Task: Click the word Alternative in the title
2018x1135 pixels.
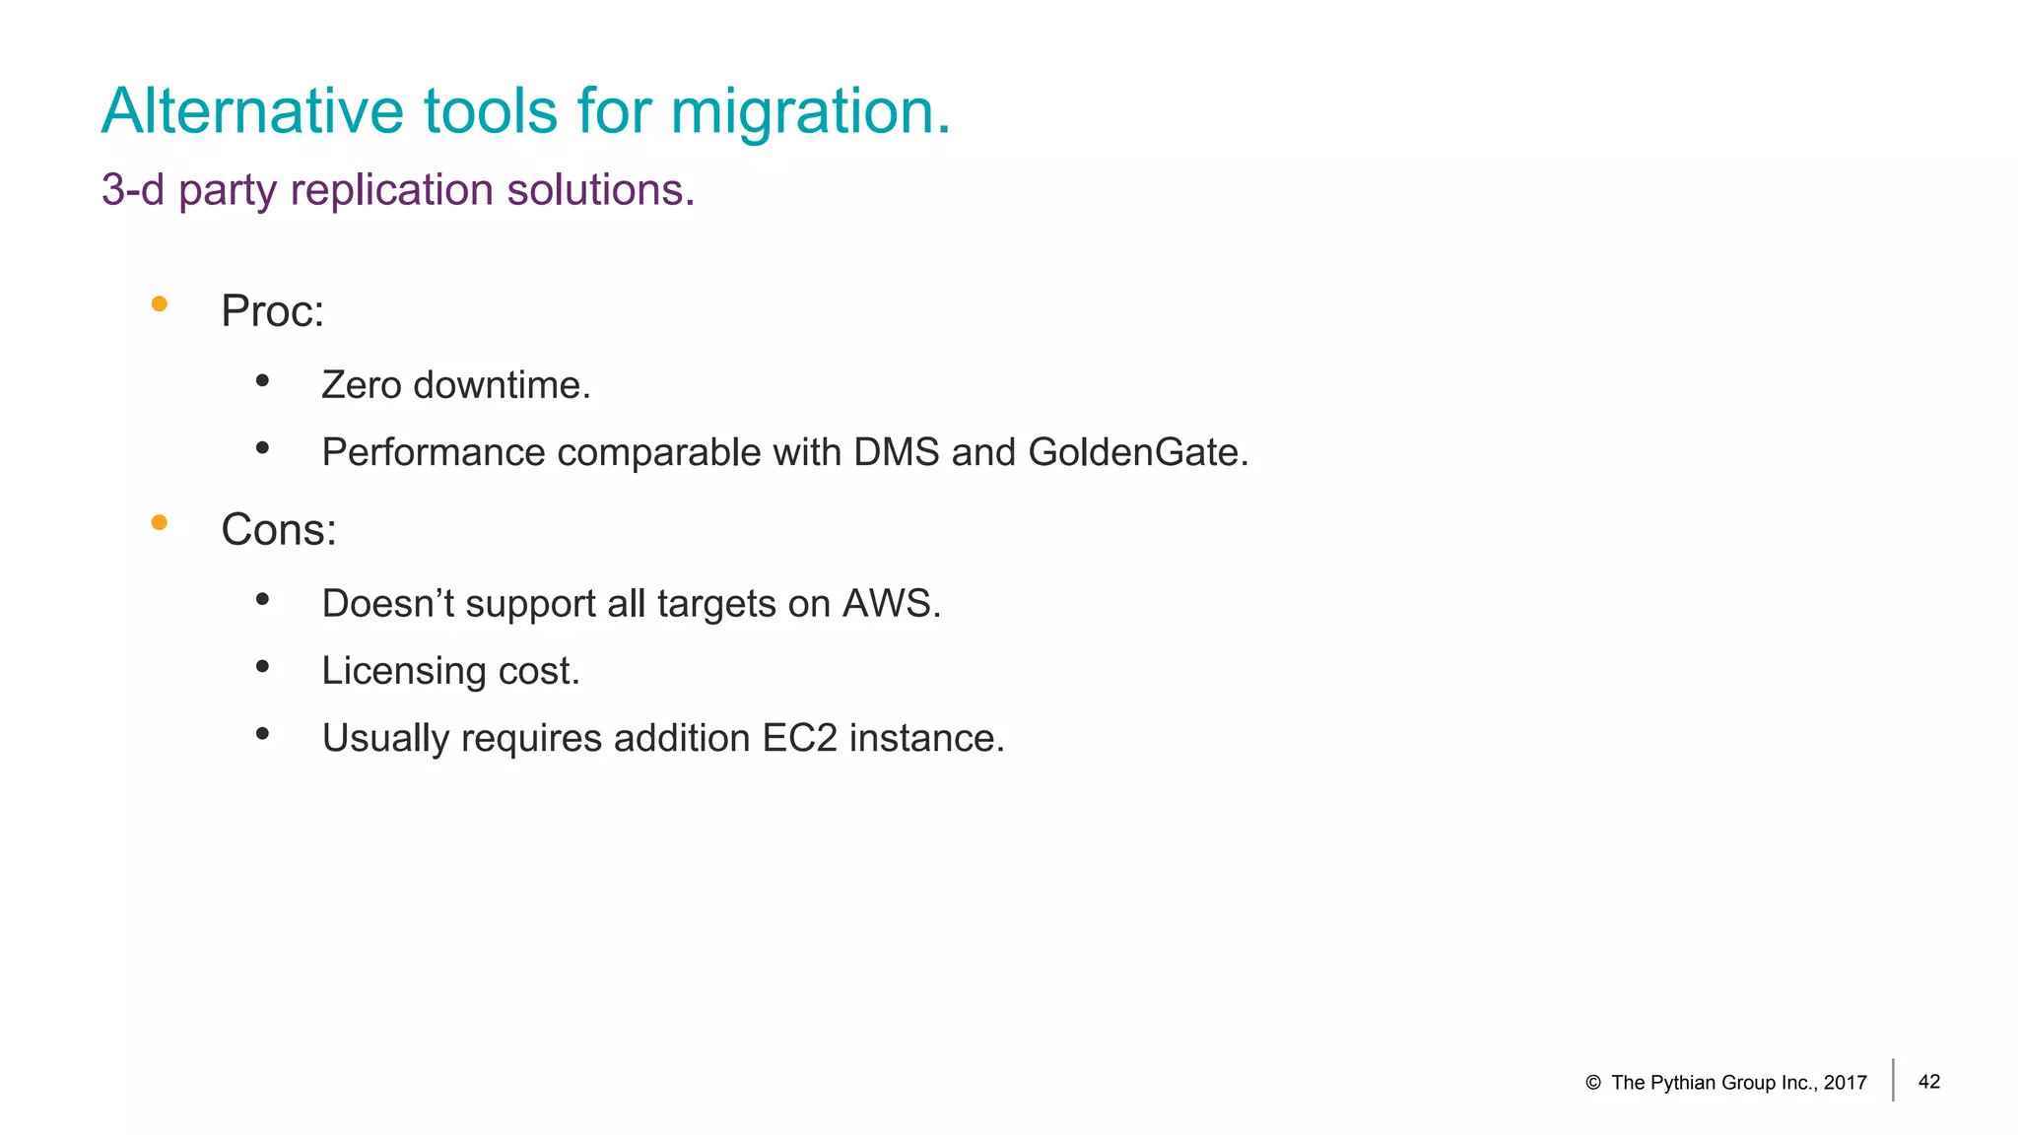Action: click(x=252, y=110)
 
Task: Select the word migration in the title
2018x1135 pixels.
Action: click(x=810, y=112)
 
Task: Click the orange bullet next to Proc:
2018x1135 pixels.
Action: click(x=159, y=303)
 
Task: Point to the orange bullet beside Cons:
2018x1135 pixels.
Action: click(x=159, y=522)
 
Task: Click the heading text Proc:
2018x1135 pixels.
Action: click(x=272, y=311)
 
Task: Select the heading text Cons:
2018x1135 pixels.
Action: click(x=279, y=530)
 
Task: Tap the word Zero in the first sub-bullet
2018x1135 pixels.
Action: click(x=362, y=385)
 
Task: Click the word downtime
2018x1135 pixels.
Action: click(x=502, y=385)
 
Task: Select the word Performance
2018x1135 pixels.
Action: click(x=434, y=453)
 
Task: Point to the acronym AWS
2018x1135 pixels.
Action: click(x=891, y=604)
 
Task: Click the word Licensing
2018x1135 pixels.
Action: click(x=404, y=672)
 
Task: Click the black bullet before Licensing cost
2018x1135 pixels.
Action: click(x=262, y=667)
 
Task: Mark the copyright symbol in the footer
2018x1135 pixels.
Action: click(x=1593, y=1083)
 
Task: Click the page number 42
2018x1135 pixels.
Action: click(x=1929, y=1082)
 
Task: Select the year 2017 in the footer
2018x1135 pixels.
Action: click(x=1846, y=1083)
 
